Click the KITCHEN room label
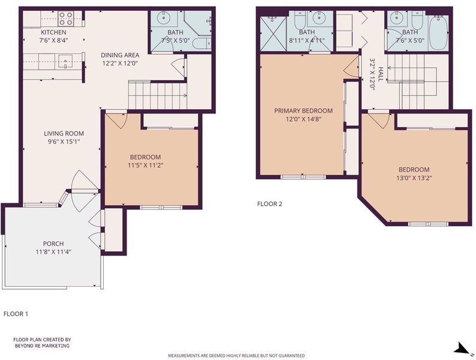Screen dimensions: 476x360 coord(53,32)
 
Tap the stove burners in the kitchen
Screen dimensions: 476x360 coord(66,18)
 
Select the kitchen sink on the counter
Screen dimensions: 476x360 coord(65,62)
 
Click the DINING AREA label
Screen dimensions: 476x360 coord(120,55)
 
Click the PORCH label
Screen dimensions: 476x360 coord(53,244)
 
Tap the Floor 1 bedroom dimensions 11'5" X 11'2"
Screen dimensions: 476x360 coord(146,165)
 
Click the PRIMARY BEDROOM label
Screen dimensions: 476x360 coord(303,110)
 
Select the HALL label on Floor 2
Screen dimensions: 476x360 coord(381,74)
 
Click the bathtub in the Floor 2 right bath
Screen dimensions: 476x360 coord(438,31)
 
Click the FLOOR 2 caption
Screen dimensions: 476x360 coord(270,204)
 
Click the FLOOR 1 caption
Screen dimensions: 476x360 coord(16,314)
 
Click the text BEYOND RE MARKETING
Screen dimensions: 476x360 coord(42,346)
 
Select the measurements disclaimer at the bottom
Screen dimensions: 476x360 coord(236,355)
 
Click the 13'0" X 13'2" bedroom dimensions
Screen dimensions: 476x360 coord(414,178)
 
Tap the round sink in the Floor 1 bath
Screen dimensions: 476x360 coord(164,17)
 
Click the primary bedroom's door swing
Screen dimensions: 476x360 coord(352,67)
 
